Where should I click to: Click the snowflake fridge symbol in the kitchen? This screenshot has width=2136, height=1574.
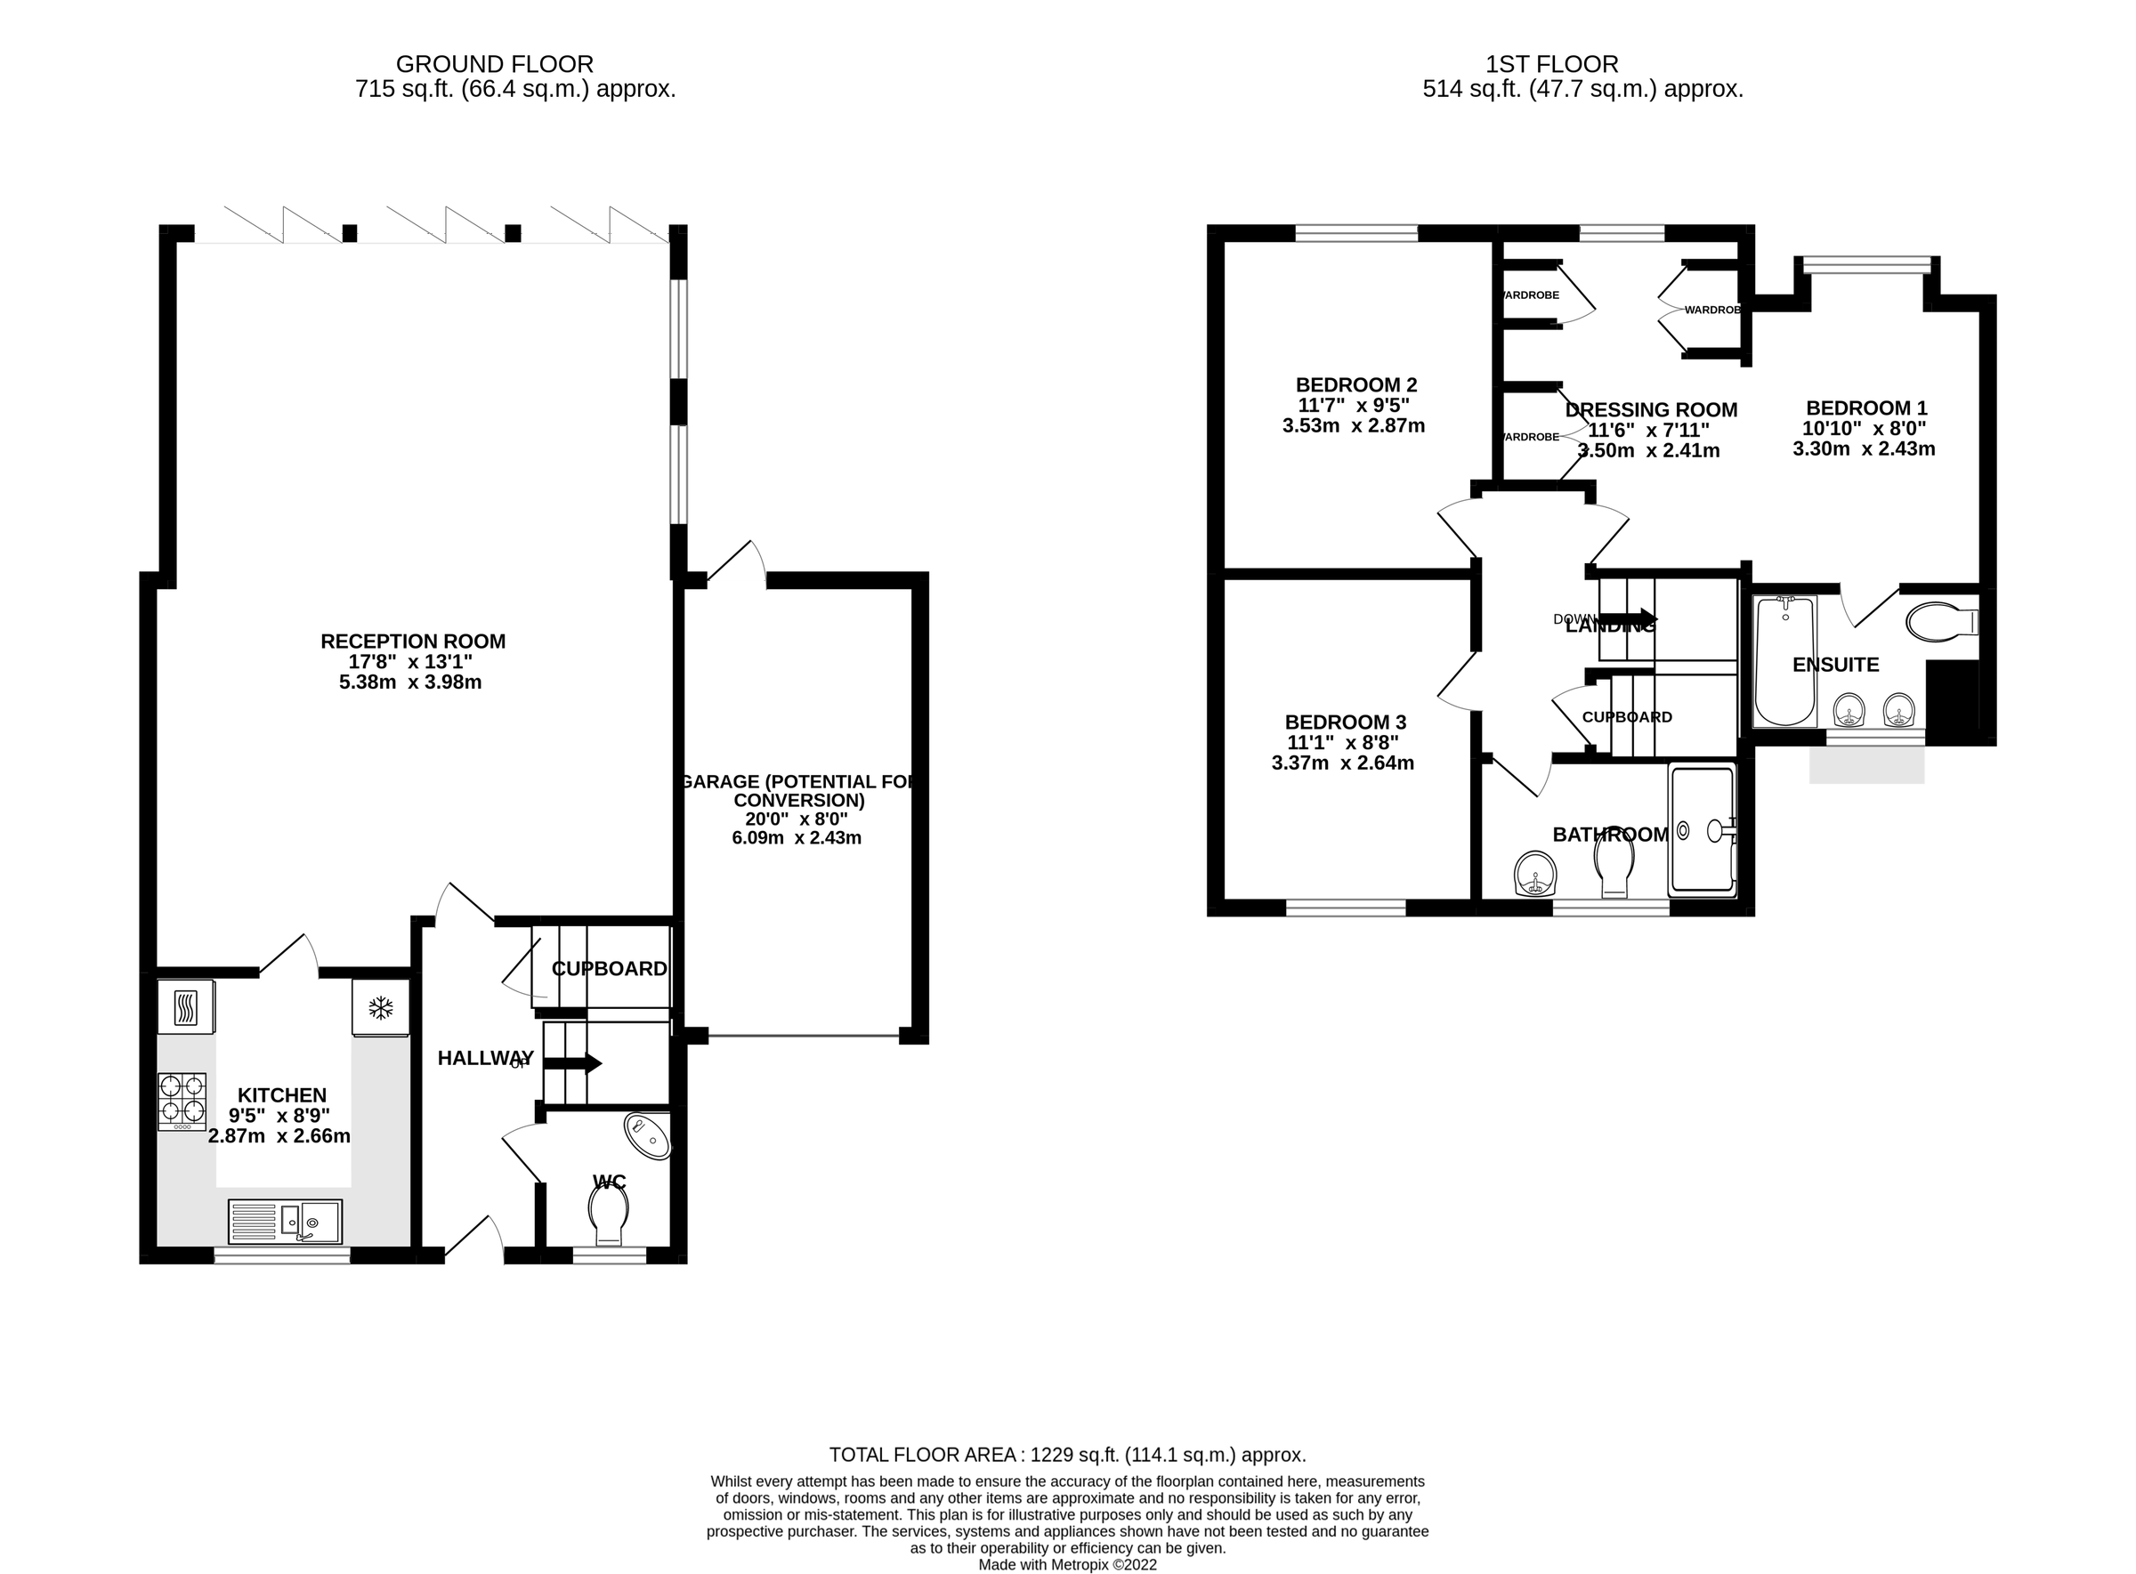click(x=380, y=1008)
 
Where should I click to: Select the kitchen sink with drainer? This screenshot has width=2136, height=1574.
click(x=285, y=1221)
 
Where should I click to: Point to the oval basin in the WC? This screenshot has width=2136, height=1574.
click(x=647, y=1135)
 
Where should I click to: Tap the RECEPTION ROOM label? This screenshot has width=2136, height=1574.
click(x=413, y=642)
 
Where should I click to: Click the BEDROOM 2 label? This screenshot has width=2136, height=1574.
click(x=1355, y=385)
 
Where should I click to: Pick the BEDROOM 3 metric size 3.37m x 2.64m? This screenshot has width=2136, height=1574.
click(x=1342, y=763)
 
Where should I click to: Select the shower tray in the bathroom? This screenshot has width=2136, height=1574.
click(x=1701, y=829)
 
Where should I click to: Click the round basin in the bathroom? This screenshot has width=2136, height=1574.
click(x=1534, y=873)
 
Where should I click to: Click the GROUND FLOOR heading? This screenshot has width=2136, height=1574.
click(x=494, y=64)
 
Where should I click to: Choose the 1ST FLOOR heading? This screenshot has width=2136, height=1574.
click(x=1552, y=64)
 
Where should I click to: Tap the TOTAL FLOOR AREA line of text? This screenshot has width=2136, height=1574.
click(x=1066, y=1455)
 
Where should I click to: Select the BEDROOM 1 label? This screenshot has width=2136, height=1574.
click(x=1865, y=408)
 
